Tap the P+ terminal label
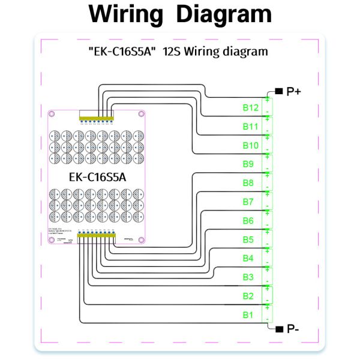294,91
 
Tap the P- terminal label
293,329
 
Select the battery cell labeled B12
250,108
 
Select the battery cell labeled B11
250,127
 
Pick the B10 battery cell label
250,146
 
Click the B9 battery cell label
248,164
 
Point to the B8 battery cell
248,183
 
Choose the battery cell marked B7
248,202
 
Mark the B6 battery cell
248,221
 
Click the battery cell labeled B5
248,239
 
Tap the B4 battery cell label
248,258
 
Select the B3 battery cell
248,277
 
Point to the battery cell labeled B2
248,296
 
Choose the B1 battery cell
248,314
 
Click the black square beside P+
278,91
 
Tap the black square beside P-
278,329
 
